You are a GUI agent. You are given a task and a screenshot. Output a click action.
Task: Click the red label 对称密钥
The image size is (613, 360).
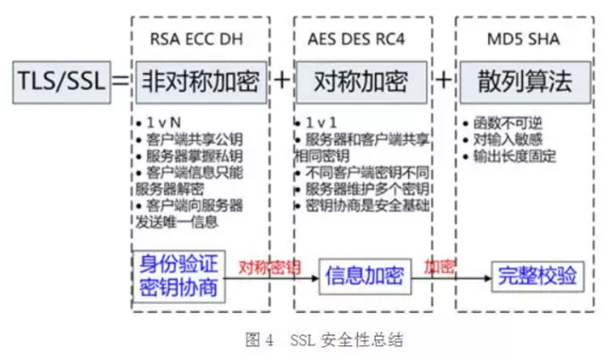[269, 267]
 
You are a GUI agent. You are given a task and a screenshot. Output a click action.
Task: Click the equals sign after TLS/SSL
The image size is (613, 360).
[120, 82]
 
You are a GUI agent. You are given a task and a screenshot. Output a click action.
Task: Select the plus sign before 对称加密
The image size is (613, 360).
[282, 82]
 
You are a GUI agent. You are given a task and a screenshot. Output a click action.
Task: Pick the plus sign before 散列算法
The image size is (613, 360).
[444, 82]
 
